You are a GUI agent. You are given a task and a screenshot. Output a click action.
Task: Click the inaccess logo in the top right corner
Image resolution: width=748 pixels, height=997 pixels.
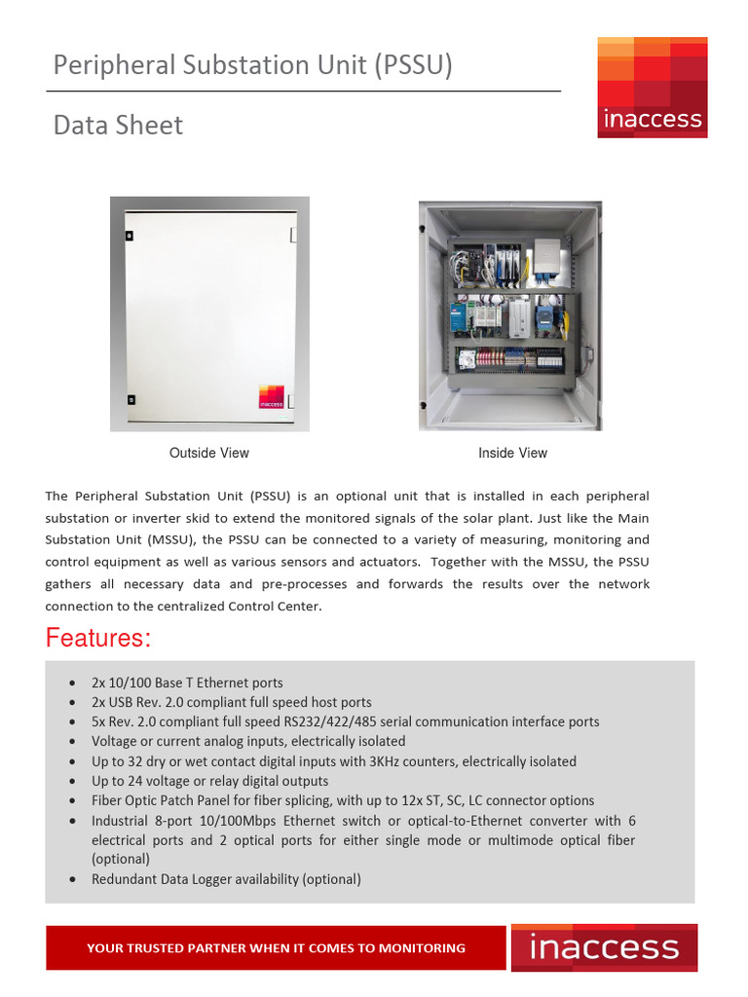(652, 87)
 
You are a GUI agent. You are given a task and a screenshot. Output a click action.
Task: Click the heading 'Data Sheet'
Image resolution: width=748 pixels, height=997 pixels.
(118, 126)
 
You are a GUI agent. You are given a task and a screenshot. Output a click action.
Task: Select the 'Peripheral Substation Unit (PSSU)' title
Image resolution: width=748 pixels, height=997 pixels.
(252, 65)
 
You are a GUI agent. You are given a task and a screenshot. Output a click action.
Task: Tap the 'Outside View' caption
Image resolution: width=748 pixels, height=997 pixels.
(208, 453)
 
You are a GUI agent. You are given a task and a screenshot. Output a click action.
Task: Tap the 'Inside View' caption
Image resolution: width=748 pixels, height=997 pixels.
(512, 453)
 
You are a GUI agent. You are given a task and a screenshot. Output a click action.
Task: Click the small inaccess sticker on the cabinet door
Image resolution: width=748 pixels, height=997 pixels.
(272, 397)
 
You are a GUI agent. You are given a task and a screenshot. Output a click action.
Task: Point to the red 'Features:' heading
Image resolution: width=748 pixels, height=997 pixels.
(98, 639)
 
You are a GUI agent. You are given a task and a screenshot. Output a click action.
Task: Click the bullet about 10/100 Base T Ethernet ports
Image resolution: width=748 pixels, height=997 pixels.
(187, 683)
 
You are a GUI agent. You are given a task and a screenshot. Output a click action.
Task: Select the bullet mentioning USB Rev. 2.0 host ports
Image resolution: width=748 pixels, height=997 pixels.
(231, 702)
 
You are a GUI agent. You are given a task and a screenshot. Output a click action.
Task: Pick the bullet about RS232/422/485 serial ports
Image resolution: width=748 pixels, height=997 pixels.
(345, 721)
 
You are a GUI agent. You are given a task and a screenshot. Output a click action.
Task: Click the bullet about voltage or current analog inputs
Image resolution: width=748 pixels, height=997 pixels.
(248, 741)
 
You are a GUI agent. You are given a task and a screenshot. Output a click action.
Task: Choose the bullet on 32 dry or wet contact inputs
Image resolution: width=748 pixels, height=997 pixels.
(333, 761)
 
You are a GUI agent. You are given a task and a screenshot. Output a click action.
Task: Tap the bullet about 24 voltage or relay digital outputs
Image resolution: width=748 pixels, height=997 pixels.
(209, 781)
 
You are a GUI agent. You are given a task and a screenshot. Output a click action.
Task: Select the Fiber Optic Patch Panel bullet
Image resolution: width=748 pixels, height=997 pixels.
(342, 800)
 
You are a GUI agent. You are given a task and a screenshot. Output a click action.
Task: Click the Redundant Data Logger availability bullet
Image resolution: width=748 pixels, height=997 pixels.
(226, 879)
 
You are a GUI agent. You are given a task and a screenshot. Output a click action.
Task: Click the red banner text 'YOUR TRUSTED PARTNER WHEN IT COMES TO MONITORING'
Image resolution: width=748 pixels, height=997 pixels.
(276, 947)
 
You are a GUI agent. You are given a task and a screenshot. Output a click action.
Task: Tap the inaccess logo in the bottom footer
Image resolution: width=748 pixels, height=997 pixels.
(603, 947)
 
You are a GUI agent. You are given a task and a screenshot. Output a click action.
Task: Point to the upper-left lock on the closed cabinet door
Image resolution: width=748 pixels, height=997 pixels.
(129, 234)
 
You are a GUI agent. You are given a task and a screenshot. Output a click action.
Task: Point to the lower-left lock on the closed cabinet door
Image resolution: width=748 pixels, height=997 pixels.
(129, 397)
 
